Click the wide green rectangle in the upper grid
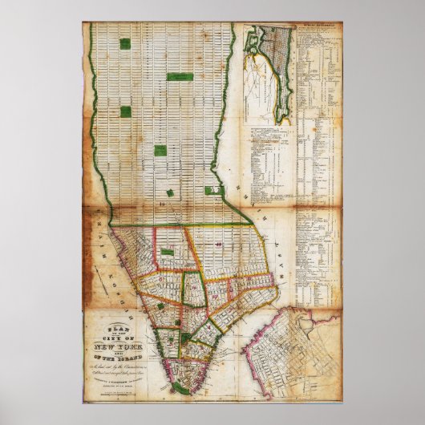click(180, 77)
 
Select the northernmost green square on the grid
click(124, 42)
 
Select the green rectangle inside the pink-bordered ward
click(166, 252)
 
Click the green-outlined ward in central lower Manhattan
click(192, 289)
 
